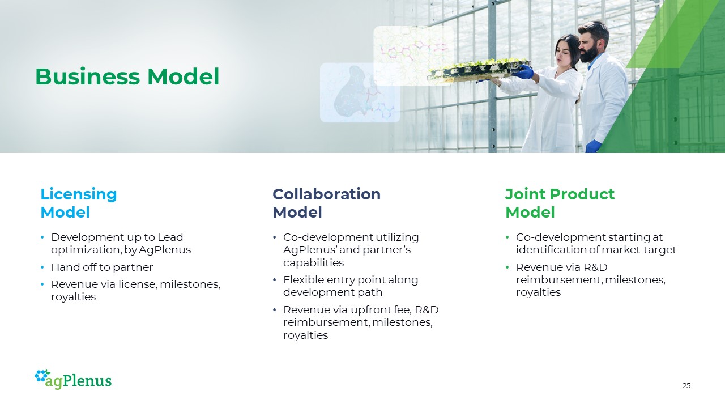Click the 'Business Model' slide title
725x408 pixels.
tap(127, 76)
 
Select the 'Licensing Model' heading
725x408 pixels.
tap(78, 203)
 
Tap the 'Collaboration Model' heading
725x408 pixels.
tap(327, 203)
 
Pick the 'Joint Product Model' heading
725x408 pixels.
tap(560, 203)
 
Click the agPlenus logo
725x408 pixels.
tap(73, 380)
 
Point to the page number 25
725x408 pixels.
tap(686, 386)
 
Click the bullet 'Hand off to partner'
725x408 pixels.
tap(102, 267)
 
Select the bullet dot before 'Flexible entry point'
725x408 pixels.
tap(275, 279)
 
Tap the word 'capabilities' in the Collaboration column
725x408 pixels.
tap(313, 262)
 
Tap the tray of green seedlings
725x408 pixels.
tap(479, 70)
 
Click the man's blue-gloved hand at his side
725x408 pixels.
tap(593, 146)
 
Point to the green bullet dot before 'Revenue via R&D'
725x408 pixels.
tap(507, 267)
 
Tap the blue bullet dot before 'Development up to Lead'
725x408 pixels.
tap(42, 237)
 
